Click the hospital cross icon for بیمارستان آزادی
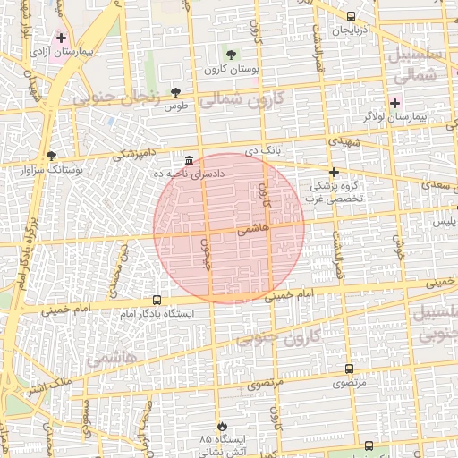(x=61, y=38)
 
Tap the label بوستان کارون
(x=230, y=69)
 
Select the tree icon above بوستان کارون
(x=230, y=54)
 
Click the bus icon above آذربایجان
(x=350, y=16)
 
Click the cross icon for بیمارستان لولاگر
(x=394, y=104)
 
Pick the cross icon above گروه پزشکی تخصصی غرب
(x=334, y=171)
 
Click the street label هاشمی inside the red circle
(x=253, y=230)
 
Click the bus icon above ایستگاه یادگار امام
(x=157, y=301)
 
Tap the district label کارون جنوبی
(x=273, y=337)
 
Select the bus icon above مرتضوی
(x=349, y=369)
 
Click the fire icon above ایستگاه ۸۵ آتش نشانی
(x=222, y=427)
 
